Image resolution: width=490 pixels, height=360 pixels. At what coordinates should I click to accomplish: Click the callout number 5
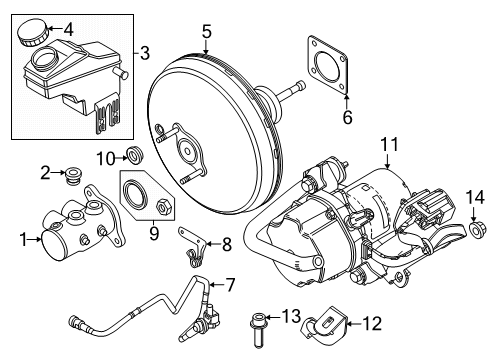click(x=205, y=33)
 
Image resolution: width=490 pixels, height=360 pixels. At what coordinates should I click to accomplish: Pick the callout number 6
click(x=347, y=117)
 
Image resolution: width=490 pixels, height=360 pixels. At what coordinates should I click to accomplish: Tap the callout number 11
click(x=386, y=152)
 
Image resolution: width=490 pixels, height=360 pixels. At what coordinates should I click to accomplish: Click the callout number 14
click(x=469, y=207)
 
